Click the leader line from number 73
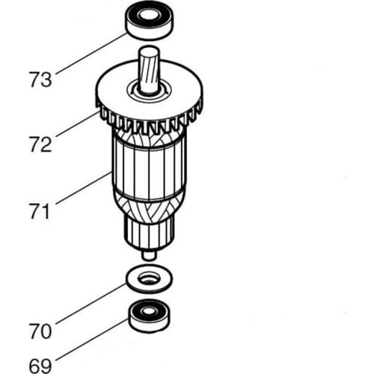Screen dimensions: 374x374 (90, 52)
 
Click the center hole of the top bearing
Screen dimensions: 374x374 (149, 14)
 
